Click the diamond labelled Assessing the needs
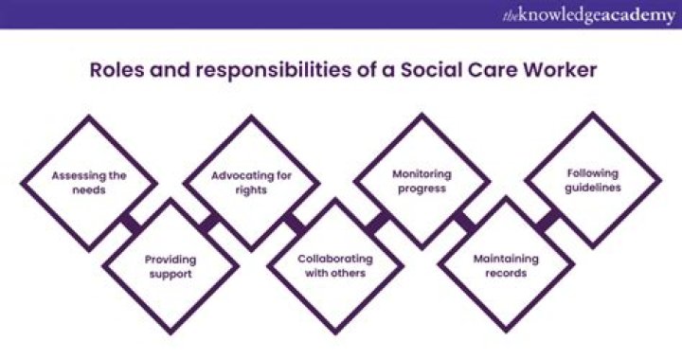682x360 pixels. click(x=91, y=182)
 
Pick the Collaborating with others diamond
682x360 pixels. click(x=335, y=265)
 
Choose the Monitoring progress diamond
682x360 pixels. click(x=420, y=181)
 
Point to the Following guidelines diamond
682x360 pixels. click(x=593, y=180)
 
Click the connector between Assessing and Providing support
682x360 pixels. click(x=130, y=224)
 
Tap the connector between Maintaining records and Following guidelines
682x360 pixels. click(x=547, y=222)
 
